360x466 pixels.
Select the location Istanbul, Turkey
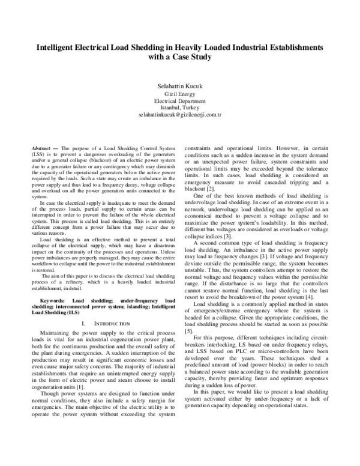[x=179, y=107]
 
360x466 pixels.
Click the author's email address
[x=179, y=114]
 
